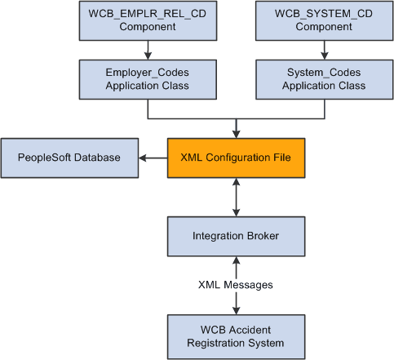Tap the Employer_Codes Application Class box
146,79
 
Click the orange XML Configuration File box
236,156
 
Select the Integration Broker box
236,237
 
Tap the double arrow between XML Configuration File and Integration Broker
236,197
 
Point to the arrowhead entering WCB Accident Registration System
236,307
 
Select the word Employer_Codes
146,72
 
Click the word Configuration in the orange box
239,156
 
